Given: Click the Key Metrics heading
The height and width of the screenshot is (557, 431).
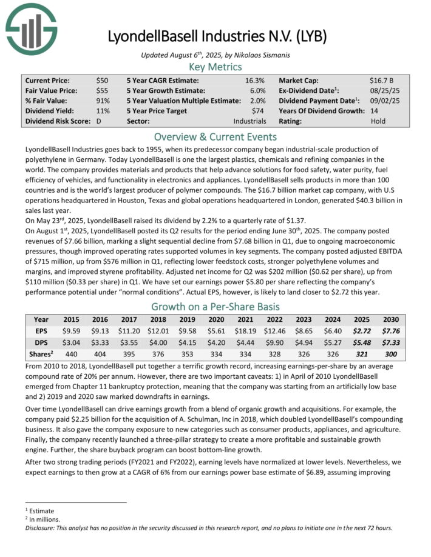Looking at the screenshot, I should tap(215, 67).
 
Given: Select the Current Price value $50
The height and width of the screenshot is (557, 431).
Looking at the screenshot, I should tap(102, 81).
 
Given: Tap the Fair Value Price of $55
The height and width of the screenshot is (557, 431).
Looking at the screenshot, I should tap(102, 91).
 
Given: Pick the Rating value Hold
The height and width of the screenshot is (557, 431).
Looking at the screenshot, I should tap(378, 121).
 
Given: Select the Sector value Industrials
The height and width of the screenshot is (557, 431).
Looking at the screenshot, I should tap(249, 121).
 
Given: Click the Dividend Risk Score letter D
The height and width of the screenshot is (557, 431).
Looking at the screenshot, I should tap(99, 121).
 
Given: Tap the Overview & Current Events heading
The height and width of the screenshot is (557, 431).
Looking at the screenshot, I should tap(215, 136).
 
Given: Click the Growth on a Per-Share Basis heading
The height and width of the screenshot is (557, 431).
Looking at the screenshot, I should tap(215, 306).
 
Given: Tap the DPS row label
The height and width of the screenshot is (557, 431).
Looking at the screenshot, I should tap(41, 342).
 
